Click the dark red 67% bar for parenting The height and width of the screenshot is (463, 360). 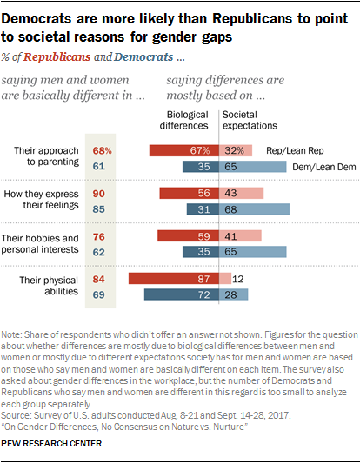click(183, 151)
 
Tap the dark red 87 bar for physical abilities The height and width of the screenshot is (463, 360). click(172, 278)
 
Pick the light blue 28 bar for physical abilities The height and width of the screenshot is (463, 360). click(231, 294)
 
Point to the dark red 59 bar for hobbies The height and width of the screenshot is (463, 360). click(187, 235)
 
